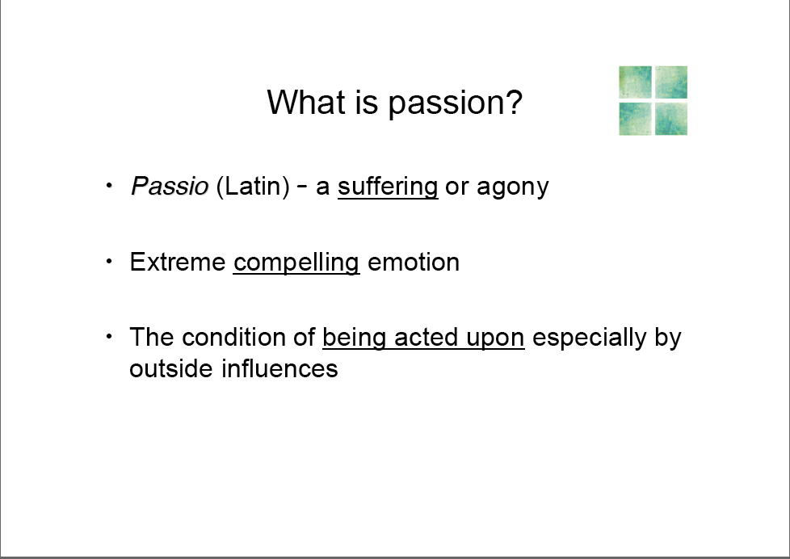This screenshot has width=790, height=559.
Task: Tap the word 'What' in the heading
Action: (x=307, y=102)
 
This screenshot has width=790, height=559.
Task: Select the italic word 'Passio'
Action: (x=170, y=186)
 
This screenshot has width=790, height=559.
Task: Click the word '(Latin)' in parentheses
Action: (x=253, y=187)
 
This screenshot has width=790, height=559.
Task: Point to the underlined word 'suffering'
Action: (x=388, y=187)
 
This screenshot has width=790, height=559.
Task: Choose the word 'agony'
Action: (x=512, y=188)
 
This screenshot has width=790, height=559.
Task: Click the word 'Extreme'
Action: (x=178, y=262)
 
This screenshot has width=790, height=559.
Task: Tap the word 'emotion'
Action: (x=414, y=262)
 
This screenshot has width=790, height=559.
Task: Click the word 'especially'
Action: (x=589, y=338)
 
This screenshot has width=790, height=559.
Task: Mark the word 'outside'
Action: (x=172, y=368)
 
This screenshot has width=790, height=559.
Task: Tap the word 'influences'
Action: (x=279, y=368)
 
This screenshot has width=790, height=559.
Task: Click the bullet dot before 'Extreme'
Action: (x=109, y=261)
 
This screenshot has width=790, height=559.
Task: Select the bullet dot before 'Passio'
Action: (x=109, y=186)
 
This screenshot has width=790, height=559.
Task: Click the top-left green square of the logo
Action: (x=635, y=82)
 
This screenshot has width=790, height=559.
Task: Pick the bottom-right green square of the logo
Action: (x=671, y=119)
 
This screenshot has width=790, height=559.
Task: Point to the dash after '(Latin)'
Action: (x=302, y=186)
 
